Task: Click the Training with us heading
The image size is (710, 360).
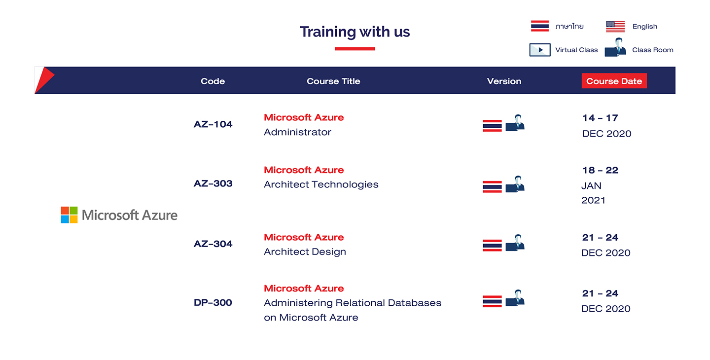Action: [x=355, y=32]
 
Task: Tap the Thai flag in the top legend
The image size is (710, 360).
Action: [x=540, y=26]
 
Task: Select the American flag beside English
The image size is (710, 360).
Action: [x=615, y=27]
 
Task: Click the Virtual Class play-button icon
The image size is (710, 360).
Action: [x=540, y=50]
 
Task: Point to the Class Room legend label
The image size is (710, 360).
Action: [x=653, y=50]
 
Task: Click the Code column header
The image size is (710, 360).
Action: [x=213, y=81]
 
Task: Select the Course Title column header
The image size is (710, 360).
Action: [x=333, y=81]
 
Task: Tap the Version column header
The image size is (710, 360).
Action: [x=504, y=81]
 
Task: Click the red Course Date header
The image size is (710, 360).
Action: [x=614, y=81]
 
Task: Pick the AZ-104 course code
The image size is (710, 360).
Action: [x=213, y=124]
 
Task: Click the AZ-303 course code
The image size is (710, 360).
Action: [x=213, y=183]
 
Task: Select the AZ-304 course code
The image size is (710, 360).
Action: [x=213, y=244]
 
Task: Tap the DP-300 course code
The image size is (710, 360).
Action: [x=213, y=303]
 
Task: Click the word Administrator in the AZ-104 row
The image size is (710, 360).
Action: [x=298, y=132]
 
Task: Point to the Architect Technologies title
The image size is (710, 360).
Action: [x=321, y=184]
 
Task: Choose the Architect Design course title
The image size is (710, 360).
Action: [x=305, y=252]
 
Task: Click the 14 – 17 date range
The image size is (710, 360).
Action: [x=601, y=118]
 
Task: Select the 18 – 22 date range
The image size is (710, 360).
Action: [x=601, y=171]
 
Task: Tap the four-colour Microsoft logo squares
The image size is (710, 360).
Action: [x=69, y=215]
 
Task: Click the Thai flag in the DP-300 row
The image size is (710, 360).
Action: [x=492, y=301]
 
